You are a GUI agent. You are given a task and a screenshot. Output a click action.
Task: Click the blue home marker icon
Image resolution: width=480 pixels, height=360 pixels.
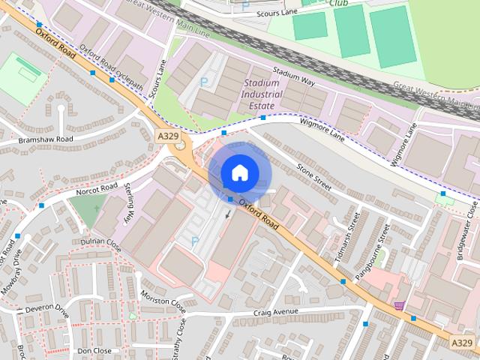point(239,173)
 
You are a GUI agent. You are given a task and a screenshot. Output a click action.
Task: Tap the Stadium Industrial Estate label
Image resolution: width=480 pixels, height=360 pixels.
point(261,95)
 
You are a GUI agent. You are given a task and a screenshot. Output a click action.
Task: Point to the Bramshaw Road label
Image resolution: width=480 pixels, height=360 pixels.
point(46,139)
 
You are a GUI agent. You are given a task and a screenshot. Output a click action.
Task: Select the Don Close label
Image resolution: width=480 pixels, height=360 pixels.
point(94,350)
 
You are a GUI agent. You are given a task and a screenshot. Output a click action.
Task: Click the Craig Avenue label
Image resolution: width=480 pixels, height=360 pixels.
point(276,312)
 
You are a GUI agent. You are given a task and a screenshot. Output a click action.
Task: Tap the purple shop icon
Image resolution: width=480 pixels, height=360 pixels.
point(400,305)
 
